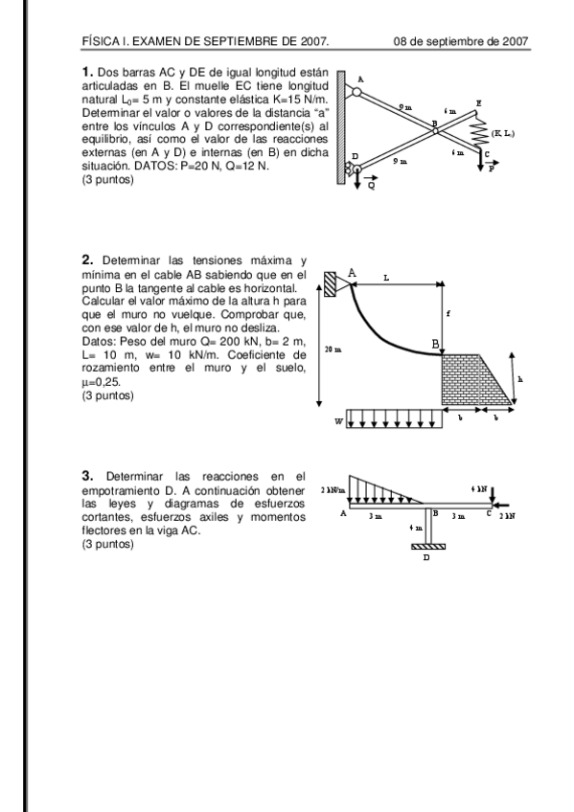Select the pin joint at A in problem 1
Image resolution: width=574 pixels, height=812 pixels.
[x=356, y=93]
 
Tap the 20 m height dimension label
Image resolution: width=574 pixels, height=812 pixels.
[x=331, y=350]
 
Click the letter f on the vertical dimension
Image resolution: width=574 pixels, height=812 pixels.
[x=448, y=314]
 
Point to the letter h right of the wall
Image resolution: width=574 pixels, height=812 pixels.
[x=519, y=378]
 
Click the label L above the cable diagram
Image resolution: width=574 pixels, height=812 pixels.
[x=386, y=277]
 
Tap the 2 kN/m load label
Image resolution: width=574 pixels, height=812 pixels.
[x=334, y=489]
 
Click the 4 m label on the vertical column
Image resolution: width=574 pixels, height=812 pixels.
[x=414, y=528]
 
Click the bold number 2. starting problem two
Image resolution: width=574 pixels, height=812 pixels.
[x=87, y=259]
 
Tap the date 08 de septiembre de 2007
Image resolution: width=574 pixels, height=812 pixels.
[x=461, y=41]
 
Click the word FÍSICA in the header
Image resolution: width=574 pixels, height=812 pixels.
[x=101, y=41]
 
